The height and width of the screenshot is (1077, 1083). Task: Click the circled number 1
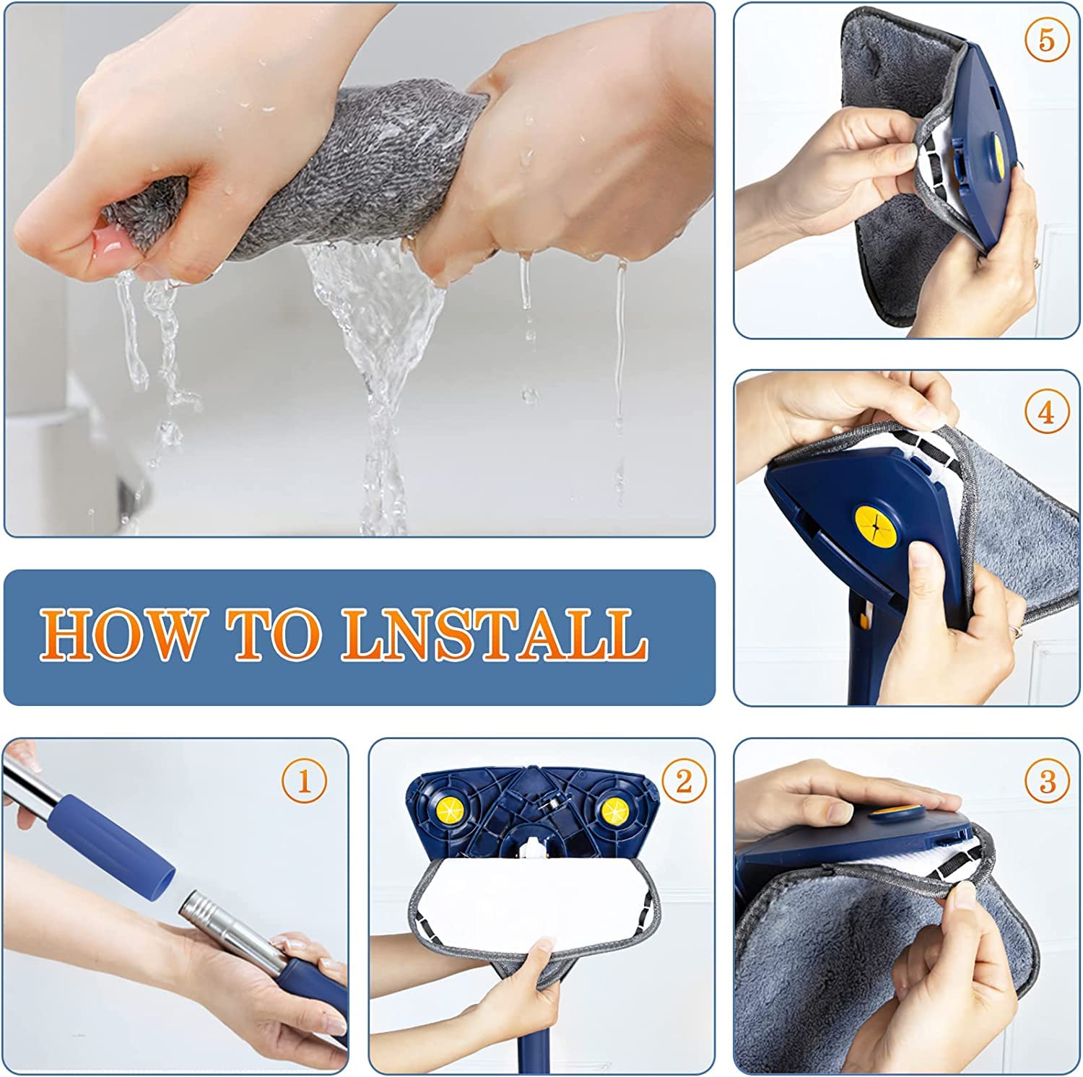[304, 781]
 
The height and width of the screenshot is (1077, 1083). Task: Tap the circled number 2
[683, 781]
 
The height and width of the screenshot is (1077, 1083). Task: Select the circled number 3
[1048, 781]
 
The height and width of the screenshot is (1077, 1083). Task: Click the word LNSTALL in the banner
[494, 635]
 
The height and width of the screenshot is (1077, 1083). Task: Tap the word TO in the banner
[274, 635]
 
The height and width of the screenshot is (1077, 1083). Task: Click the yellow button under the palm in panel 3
[892, 814]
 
